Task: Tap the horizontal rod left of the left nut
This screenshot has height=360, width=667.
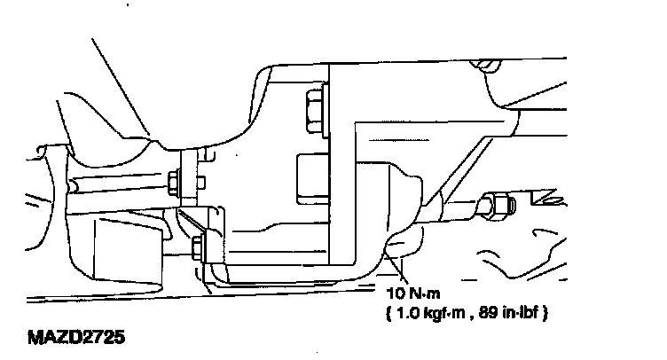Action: coord(120,186)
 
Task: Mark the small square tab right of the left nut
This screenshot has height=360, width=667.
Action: coord(201,184)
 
